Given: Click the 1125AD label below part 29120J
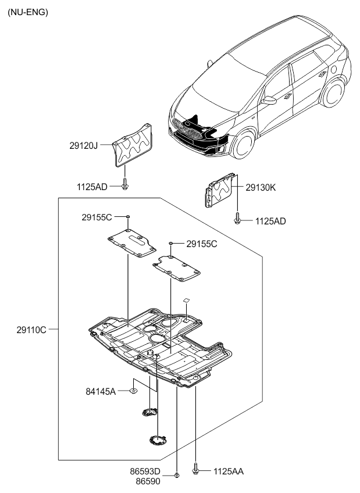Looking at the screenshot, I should [92, 187].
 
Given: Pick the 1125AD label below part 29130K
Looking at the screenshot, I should [270, 221].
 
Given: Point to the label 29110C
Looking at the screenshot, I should [32, 329].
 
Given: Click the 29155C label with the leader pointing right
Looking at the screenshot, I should [97, 217].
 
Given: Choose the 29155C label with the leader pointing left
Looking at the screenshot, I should [202, 244].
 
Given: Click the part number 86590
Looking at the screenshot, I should [148, 482].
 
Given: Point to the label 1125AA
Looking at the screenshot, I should [229, 471].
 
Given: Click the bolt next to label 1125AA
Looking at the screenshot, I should [196, 469].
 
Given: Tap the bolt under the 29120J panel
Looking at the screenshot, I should [124, 185].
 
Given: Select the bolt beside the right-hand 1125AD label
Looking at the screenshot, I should [237, 219].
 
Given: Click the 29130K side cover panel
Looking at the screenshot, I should [220, 190].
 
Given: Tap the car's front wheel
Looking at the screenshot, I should [243, 144].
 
